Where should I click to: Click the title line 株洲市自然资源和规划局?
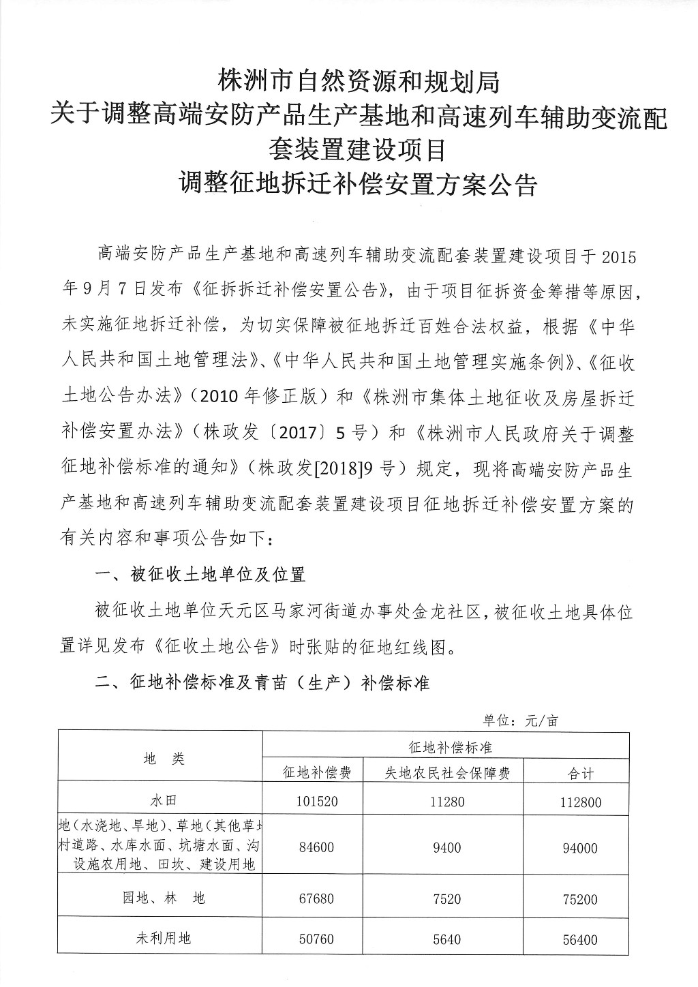359,82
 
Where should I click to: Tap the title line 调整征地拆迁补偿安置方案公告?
359,183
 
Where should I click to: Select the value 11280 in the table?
446,802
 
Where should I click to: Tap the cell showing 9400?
446,848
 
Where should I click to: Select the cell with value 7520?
446,899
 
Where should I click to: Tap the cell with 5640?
446,939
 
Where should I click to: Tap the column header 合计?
581,774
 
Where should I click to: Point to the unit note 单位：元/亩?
520,720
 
